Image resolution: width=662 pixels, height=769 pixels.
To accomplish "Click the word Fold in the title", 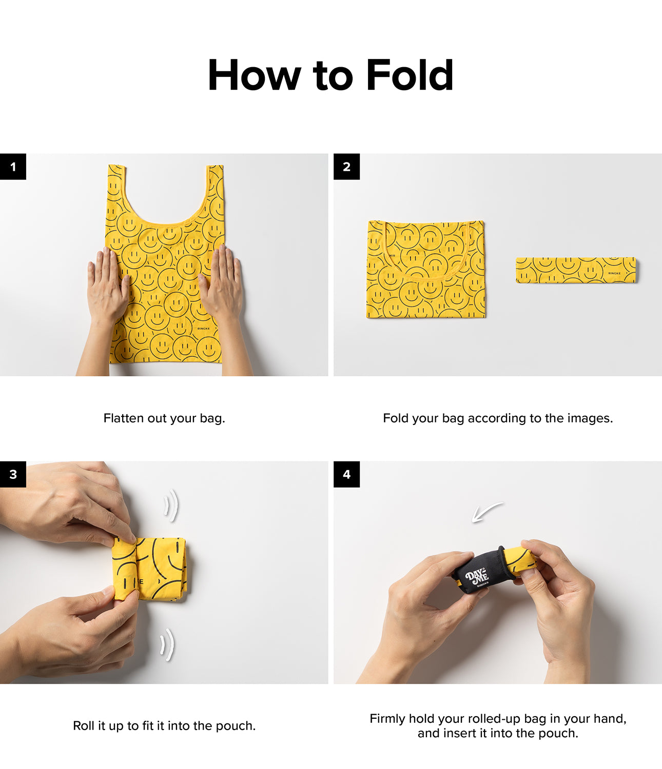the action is pyautogui.click(x=410, y=75).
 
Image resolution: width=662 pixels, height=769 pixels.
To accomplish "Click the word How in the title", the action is pyautogui.click(x=255, y=75).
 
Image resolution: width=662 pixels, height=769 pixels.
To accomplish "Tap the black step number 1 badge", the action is pyautogui.click(x=13, y=166).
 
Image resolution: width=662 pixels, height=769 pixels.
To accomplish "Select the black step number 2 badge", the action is pyautogui.click(x=346, y=166).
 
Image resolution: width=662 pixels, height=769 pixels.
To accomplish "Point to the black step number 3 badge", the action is pyautogui.click(x=13, y=474).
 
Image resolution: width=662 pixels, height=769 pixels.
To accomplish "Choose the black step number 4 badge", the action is pyautogui.click(x=346, y=474).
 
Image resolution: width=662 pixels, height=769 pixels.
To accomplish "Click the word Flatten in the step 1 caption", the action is pyautogui.click(x=124, y=418).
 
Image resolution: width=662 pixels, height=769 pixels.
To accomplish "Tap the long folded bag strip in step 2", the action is pyautogui.click(x=576, y=270).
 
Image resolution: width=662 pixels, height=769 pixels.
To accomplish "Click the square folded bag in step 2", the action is pyautogui.click(x=426, y=269).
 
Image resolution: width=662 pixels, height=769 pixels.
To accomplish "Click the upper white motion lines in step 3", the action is pyautogui.click(x=171, y=505).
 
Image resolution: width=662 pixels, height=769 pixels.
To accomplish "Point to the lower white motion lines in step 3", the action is pyautogui.click(x=167, y=645).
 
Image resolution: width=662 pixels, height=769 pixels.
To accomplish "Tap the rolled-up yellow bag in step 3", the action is pyautogui.click(x=150, y=569).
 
